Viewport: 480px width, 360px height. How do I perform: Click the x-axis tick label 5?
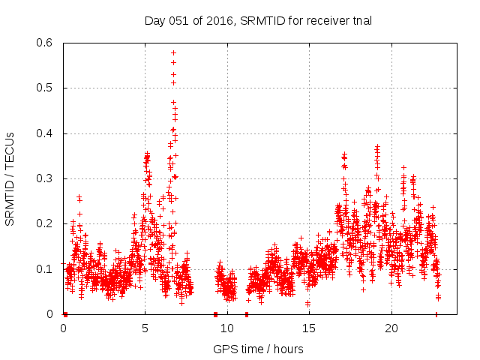[x=145, y=328]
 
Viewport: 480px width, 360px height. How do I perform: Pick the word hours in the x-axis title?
[x=288, y=349]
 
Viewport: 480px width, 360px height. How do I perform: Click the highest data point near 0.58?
[x=174, y=53]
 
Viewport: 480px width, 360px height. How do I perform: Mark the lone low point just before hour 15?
[x=307, y=303]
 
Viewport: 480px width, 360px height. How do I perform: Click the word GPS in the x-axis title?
[x=224, y=349]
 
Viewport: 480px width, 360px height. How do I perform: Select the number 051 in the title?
[x=177, y=20]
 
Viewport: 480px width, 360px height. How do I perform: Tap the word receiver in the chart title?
[x=323, y=20]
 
